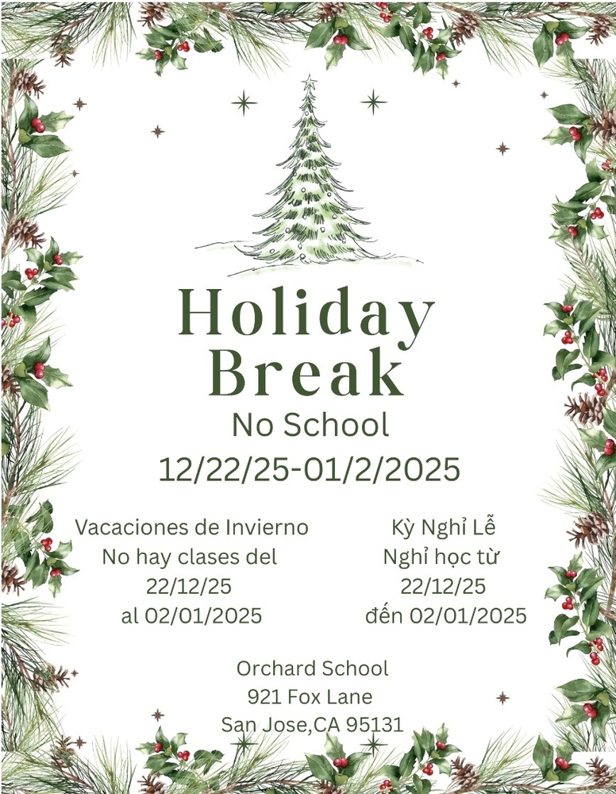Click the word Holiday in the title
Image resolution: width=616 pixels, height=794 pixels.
click(x=306, y=312)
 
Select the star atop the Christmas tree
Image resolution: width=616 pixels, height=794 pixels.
click(x=309, y=83)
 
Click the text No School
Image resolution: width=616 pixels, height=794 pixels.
click(x=310, y=426)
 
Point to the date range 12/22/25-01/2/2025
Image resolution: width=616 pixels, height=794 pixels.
click(x=310, y=469)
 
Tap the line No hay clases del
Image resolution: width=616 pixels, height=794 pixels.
click(x=190, y=557)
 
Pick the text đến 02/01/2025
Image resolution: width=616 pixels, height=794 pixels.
click(x=446, y=615)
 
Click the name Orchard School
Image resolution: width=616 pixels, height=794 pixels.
click(x=312, y=669)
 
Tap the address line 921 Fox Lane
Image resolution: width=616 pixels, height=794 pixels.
click(x=310, y=697)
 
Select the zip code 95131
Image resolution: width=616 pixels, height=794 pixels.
click(x=378, y=724)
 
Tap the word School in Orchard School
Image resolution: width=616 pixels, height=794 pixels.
click(x=353, y=669)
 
